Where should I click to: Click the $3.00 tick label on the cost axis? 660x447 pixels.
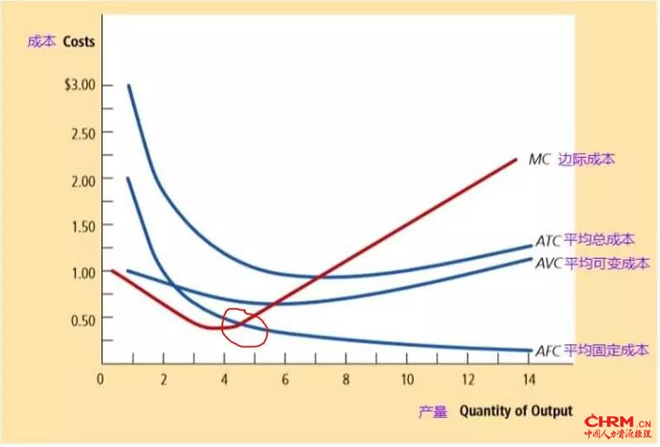79,85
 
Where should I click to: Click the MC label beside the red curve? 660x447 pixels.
539,159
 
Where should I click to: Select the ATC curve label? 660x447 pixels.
548,241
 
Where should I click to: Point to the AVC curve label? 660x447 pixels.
548,264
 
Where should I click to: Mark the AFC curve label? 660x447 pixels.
548,351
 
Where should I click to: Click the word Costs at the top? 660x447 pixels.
78,41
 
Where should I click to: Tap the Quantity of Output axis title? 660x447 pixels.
515,411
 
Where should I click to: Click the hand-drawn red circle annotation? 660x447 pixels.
244,328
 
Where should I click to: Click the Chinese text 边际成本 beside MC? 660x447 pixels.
586,159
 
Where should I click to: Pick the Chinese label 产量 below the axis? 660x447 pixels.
434,412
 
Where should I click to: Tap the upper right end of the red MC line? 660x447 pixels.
515,159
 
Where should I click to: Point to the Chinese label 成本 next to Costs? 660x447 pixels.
40,41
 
